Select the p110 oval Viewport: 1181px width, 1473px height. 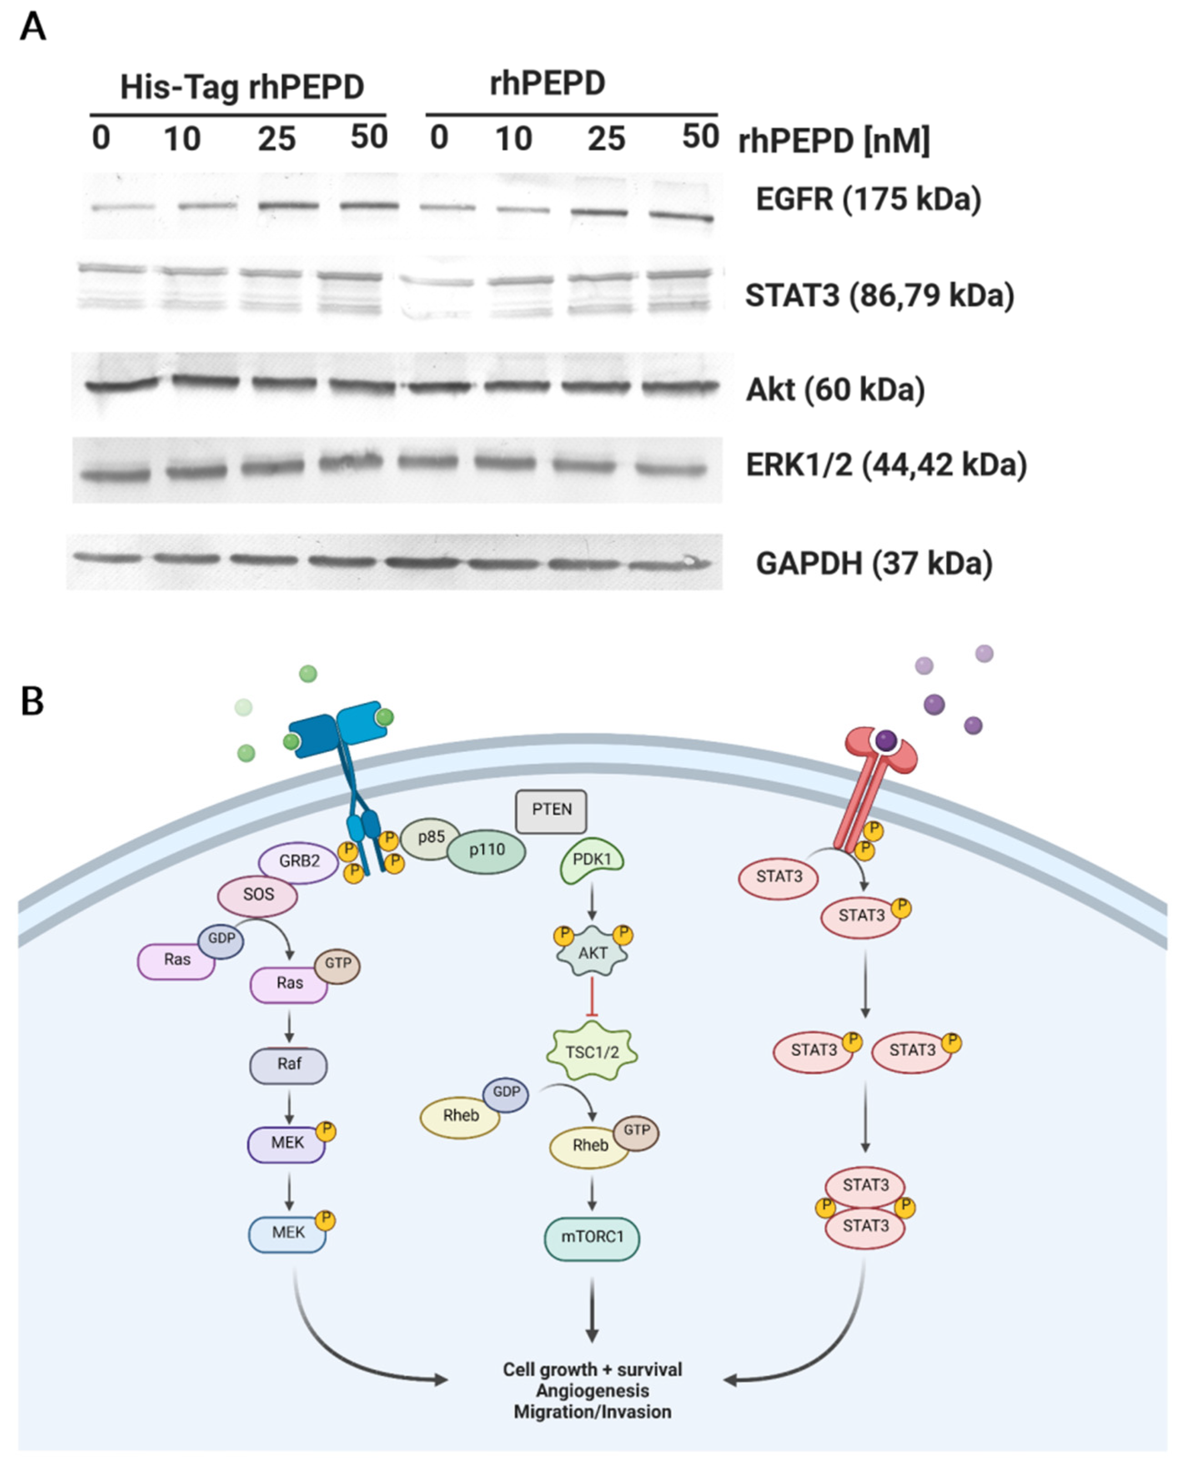click(x=486, y=851)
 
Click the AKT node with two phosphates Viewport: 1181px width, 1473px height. click(x=592, y=953)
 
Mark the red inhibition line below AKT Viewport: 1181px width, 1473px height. click(x=592, y=996)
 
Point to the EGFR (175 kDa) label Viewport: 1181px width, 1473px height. click(x=868, y=200)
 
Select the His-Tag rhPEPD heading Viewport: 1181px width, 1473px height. click(x=242, y=87)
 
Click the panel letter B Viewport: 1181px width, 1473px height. click(x=32, y=701)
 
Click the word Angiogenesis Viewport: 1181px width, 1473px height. click(x=592, y=1391)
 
